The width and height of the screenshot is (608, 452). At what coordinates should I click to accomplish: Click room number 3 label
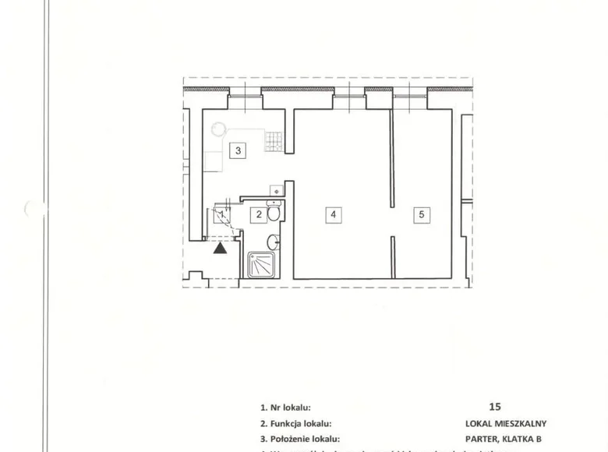pos(239,150)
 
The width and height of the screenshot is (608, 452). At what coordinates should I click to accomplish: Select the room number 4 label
pos(333,214)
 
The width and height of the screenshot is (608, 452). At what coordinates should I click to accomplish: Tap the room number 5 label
pos(421,214)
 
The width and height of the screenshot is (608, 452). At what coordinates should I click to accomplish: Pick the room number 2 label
pos(256,214)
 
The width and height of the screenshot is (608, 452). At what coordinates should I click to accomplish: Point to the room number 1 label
pos(222,214)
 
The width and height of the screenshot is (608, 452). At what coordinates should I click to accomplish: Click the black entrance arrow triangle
pos(221,249)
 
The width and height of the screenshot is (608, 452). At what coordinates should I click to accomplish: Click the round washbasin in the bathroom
pos(273,242)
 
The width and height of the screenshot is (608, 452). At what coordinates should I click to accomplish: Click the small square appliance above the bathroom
pos(275,190)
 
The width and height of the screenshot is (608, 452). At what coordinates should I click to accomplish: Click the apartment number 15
pos(495,406)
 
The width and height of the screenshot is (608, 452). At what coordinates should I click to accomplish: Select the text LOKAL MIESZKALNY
pos(506,424)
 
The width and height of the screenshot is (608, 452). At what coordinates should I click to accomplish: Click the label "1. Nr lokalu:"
pos(286,407)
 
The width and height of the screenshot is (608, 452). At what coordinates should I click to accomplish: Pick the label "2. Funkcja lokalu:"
pos(296,424)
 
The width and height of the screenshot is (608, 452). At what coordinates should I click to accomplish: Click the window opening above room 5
pos(410,94)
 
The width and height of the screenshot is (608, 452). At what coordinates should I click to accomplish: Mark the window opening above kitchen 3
pos(246,94)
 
